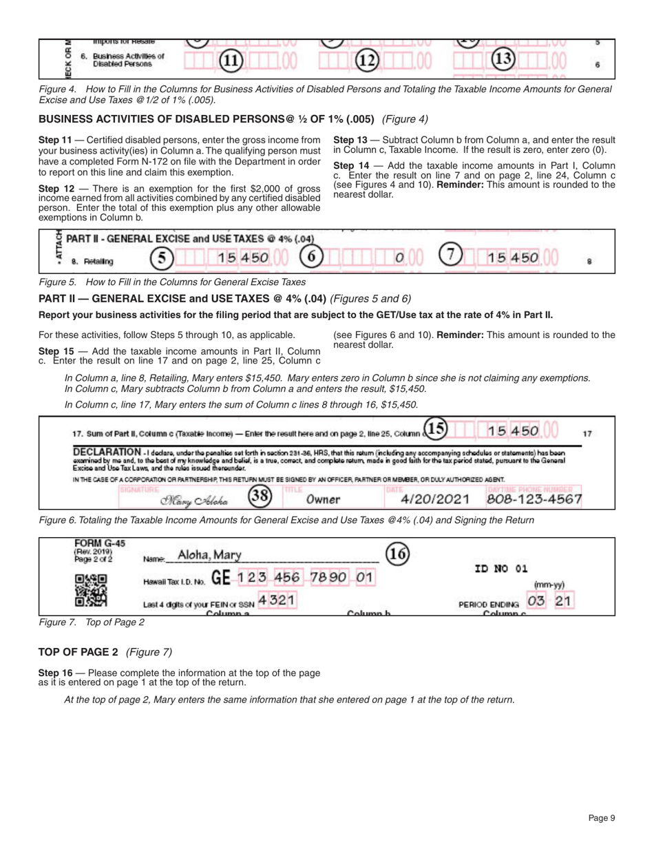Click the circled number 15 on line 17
pos(435,428)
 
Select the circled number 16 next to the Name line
pos(397,552)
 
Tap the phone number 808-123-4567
pos(534,498)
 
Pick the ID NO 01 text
pos(501,569)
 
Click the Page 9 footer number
pos(602,817)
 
